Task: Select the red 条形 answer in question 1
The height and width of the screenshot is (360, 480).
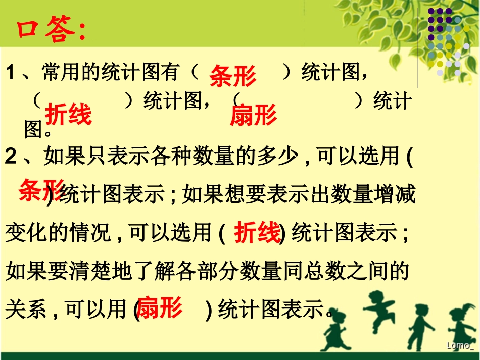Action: tap(233, 76)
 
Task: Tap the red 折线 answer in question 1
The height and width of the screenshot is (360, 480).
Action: tap(68, 115)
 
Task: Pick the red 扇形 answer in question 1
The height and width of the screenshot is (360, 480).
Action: tap(253, 116)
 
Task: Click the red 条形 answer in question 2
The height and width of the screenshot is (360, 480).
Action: tap(41, 189)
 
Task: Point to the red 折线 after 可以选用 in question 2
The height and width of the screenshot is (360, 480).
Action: tap(257, 233)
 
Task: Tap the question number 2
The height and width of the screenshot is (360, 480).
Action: tap(11, 157)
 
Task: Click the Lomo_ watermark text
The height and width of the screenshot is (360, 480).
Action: tap(460, 345)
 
